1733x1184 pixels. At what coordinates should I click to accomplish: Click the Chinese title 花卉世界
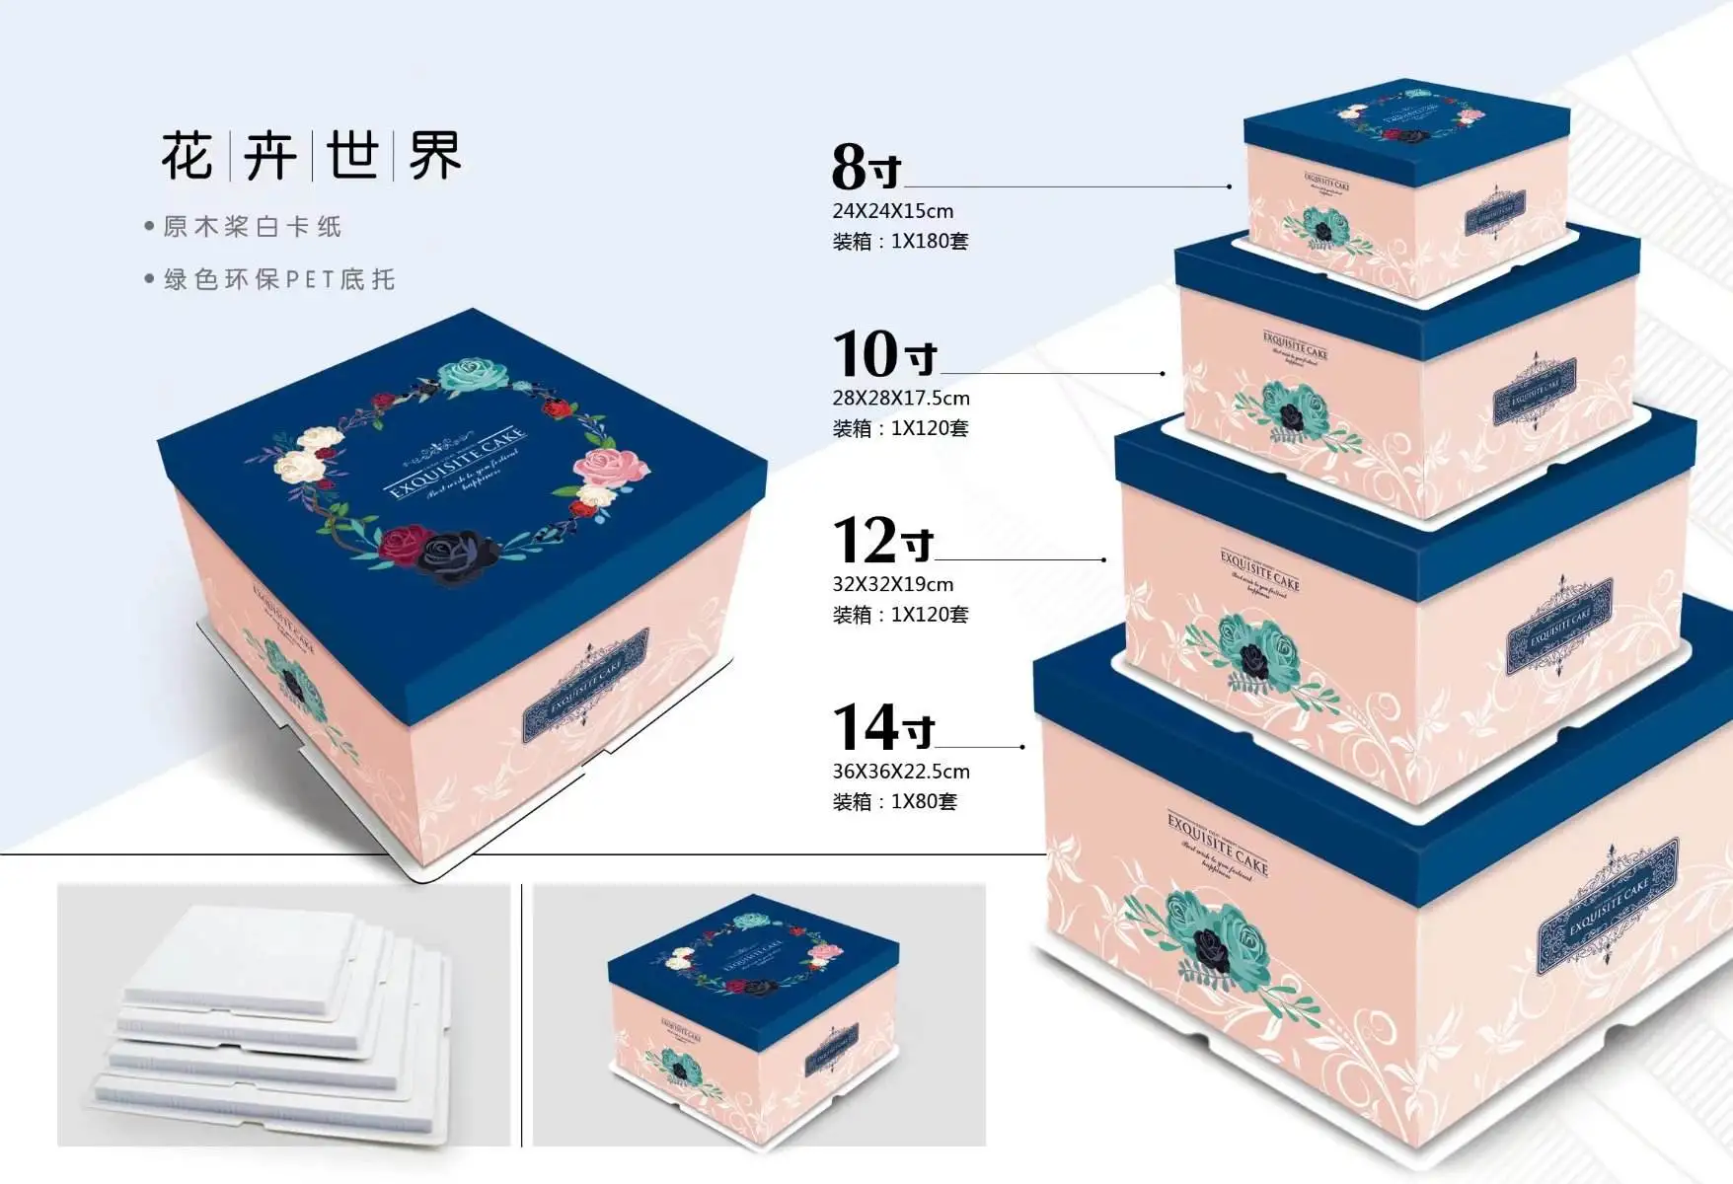[x=311, y=155]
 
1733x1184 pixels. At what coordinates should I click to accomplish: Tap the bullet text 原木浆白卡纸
[x=253, y=227]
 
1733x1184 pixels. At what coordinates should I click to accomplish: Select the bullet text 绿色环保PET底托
[x=279, y=280]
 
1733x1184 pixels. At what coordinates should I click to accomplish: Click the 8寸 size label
[x=866, y=167]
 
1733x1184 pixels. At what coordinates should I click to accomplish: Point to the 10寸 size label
[x=883, y=354]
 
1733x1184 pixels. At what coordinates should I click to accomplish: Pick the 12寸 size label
[x=882, y=541]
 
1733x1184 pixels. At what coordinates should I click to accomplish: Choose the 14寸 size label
[x=882, y=728]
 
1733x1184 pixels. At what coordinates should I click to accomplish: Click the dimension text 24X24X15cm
[x=892, y=211]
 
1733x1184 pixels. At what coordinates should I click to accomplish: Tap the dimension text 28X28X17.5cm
[x=900, y=399]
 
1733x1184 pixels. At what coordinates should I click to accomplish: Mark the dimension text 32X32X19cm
[x=892, y=584]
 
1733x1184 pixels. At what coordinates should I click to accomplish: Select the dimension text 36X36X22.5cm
[x=900, y=772]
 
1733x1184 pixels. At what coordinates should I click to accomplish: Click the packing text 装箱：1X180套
[x=900, y=242]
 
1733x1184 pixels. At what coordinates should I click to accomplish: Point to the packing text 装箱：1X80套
[x=894, y=802]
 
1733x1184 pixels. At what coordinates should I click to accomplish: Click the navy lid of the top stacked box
[x=1405, y=123]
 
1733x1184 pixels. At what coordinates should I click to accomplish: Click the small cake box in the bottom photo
[x=755, y=1016]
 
